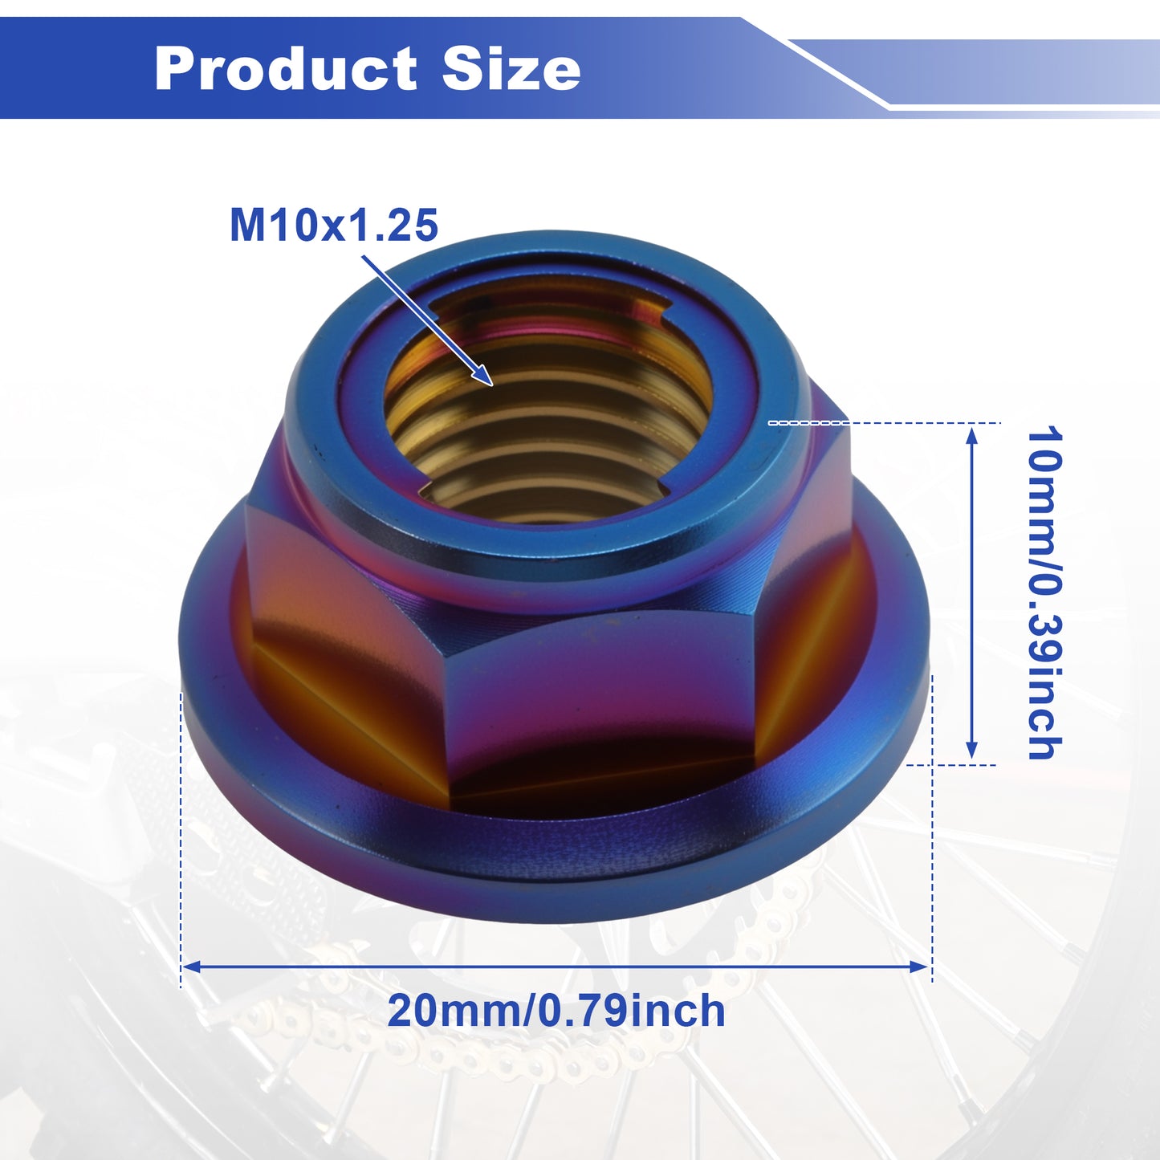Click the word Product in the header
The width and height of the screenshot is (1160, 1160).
(x=286, y=68)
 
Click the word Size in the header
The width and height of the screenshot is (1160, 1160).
(x=511, y=68)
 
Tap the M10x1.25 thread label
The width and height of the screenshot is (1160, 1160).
(x=334, y=226)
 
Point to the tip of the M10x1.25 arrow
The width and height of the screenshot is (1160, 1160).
(x=492, y=385)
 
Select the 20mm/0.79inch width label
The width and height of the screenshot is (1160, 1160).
(x=556, y=1011)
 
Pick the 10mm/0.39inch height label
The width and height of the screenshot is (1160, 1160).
(x=1044, y=592)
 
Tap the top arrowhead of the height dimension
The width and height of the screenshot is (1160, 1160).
(x=971, y=434)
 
